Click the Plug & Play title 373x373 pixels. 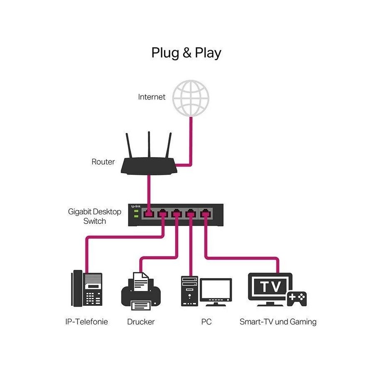(x=186, y=53)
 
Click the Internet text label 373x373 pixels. (x=152, y=97)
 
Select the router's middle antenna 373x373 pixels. (x=149, y=144)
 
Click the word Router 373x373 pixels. (x=103, y=162)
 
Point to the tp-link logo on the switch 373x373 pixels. (x=136, y=206)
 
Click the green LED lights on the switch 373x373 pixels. (x=136, y=213)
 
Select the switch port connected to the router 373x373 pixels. (x=149, y=213)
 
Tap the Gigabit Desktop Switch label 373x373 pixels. (x=94, y=216)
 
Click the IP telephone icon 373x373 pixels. (x=87, y=288)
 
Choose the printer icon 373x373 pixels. (x=141, y=292)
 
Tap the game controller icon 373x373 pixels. (x=297, y=298)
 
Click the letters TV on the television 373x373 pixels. (x=271, y=286)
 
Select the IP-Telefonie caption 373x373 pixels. (x=87, y=322)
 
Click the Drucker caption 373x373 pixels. (x=141, y=322)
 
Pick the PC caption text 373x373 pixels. (x=206, y=322)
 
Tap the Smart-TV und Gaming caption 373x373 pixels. (x=278, y=322)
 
